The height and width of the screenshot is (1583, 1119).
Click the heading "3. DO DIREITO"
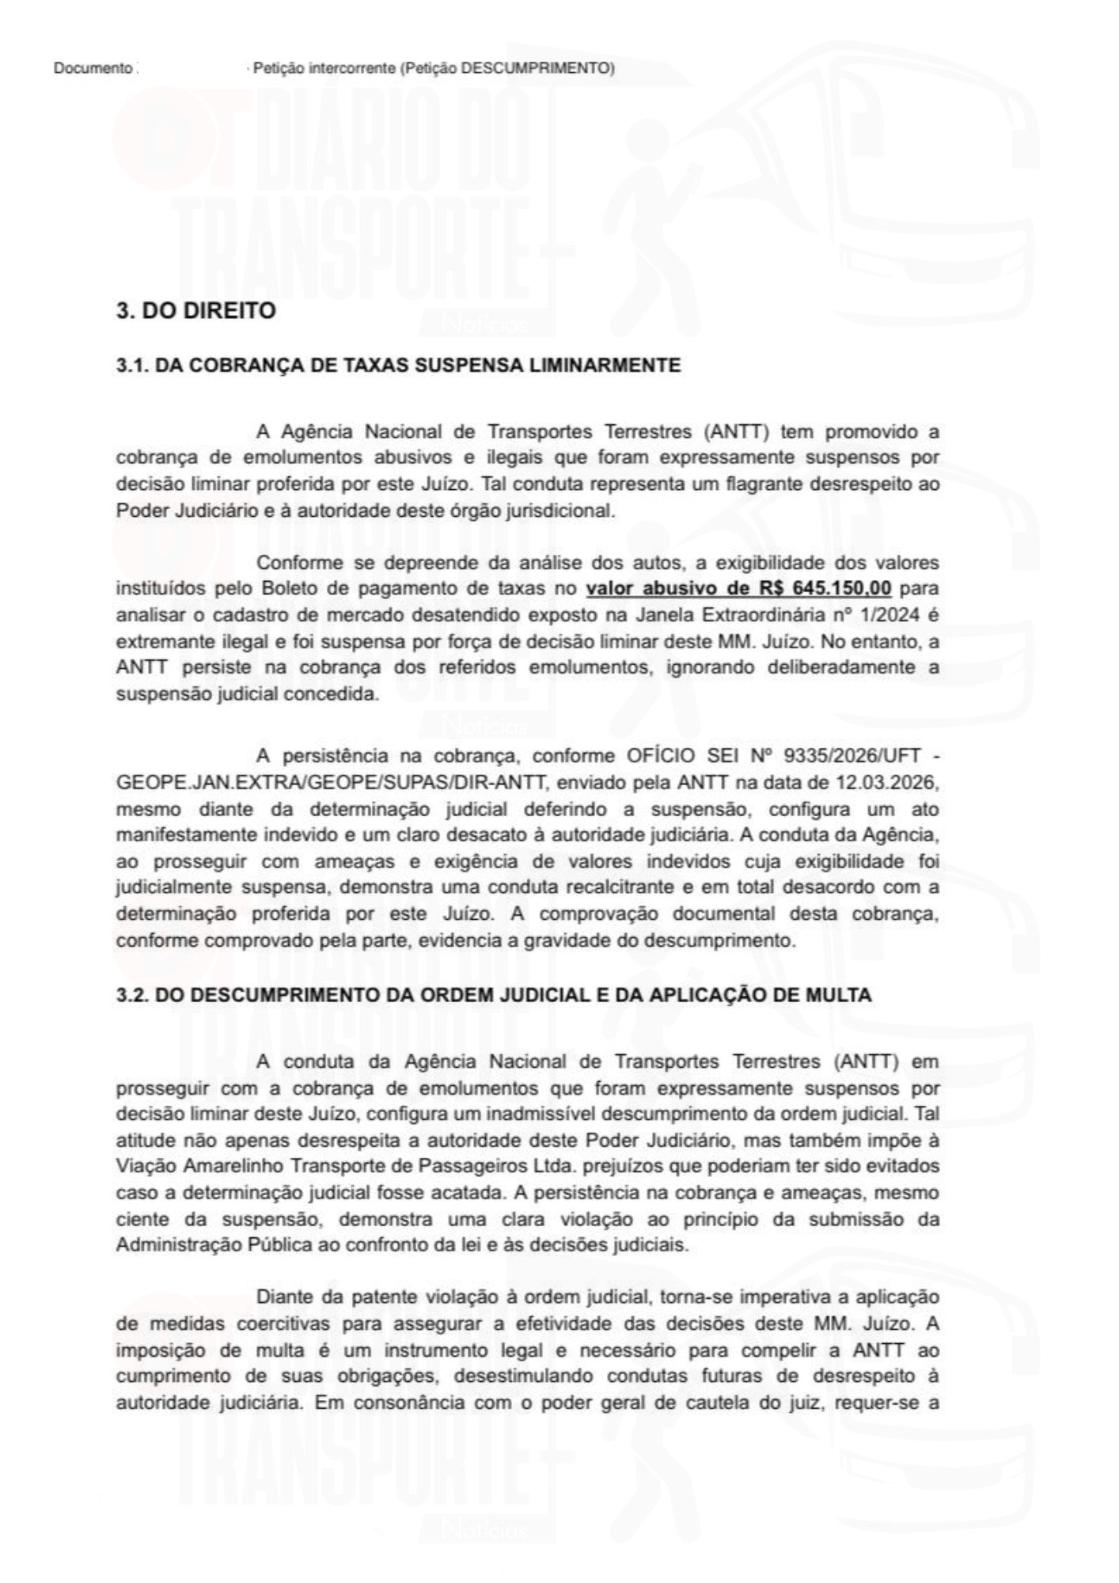[x=195, y=311]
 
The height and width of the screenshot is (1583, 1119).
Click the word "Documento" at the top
[x=92, y=69]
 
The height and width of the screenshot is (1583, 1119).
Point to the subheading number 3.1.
[x=131, y=366]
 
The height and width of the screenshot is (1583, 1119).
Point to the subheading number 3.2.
[x=131, y=996]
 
